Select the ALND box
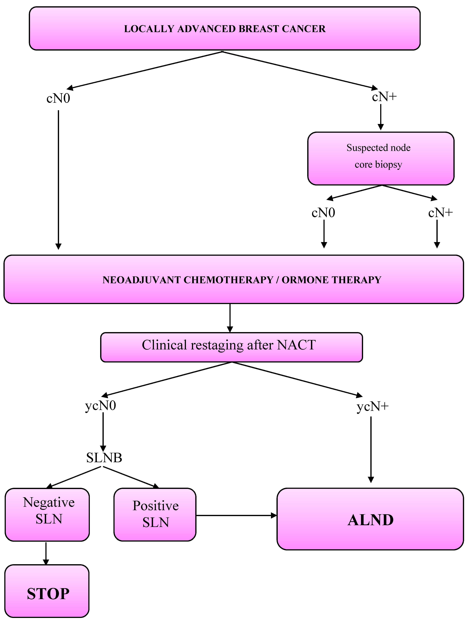pyautogui.click(x=370, y=519)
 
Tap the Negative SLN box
pyautogui.click(x=47, y=515)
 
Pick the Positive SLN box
pyautogui.click(x=155, y=515)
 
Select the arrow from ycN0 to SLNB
pyautogui.click(x=103, y=432)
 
